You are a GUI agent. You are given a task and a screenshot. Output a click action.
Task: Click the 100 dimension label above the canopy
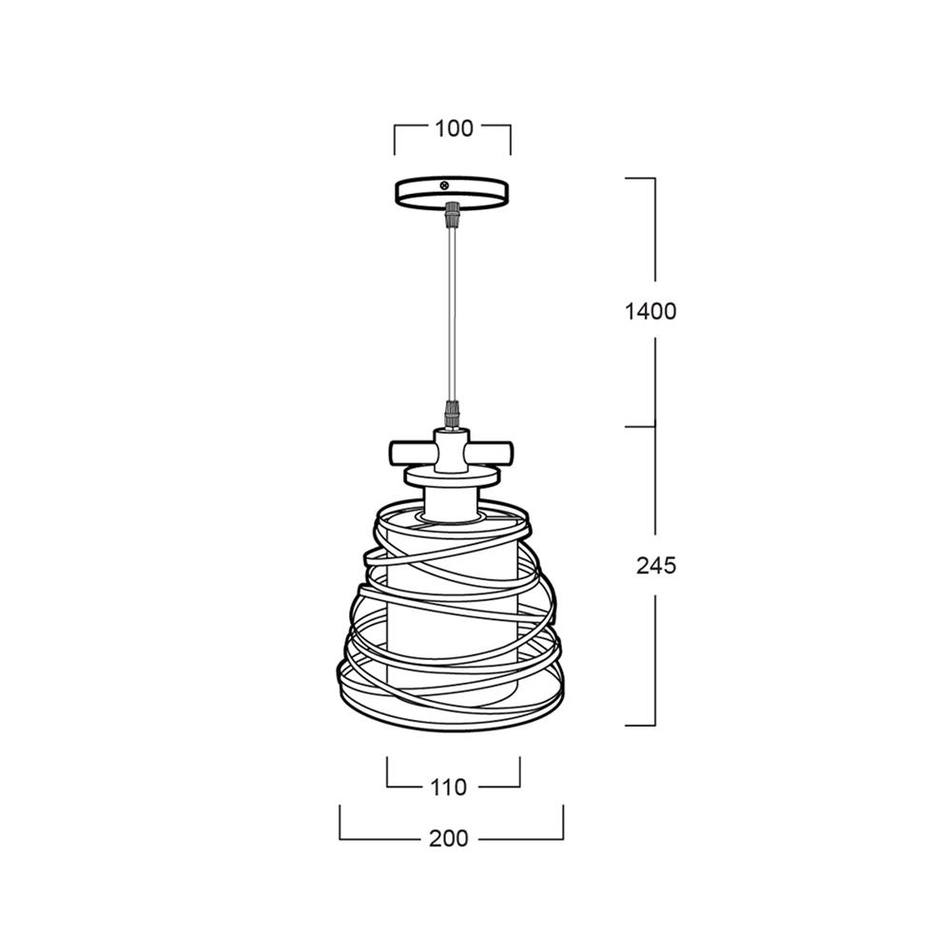point(454,128)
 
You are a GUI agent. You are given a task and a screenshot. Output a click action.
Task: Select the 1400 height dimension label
point(650,311)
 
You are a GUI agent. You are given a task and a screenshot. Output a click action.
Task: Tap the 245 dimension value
point(655,565)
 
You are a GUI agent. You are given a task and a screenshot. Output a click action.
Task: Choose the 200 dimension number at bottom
point(448,839)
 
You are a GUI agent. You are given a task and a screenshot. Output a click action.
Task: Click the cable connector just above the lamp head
point(453,415)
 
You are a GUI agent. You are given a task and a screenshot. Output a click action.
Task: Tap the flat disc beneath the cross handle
point(453,475)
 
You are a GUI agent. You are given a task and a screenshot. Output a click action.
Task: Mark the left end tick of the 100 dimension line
point(395,139)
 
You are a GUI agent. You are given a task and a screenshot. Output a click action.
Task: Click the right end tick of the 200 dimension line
point(563,823)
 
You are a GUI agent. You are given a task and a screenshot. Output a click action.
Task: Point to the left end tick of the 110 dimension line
point(387,771)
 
